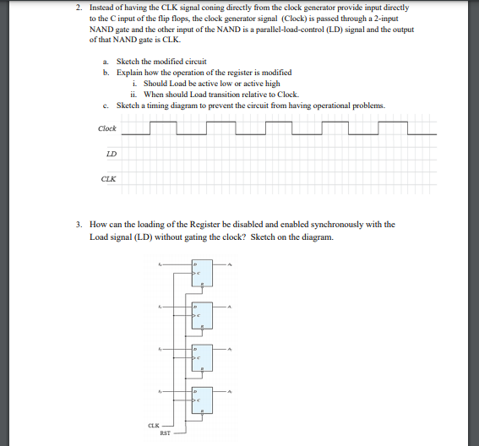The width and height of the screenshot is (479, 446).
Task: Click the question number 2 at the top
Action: [x=78, y=8]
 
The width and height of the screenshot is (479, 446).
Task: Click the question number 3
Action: [x=78, y=225]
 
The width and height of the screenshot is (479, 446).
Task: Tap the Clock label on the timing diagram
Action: [x=107, y=128]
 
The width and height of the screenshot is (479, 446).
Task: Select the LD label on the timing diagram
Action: [x=112, y=154]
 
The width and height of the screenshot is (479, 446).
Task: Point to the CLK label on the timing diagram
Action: [x=109, y=178]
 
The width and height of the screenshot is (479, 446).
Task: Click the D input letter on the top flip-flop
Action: [x=195, y=264]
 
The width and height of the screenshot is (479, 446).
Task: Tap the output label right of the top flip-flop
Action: [x=229, y=264]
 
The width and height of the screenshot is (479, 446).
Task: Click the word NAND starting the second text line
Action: [x=101, y=28]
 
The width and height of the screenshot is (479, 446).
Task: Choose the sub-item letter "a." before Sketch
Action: [x=105, y=63]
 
